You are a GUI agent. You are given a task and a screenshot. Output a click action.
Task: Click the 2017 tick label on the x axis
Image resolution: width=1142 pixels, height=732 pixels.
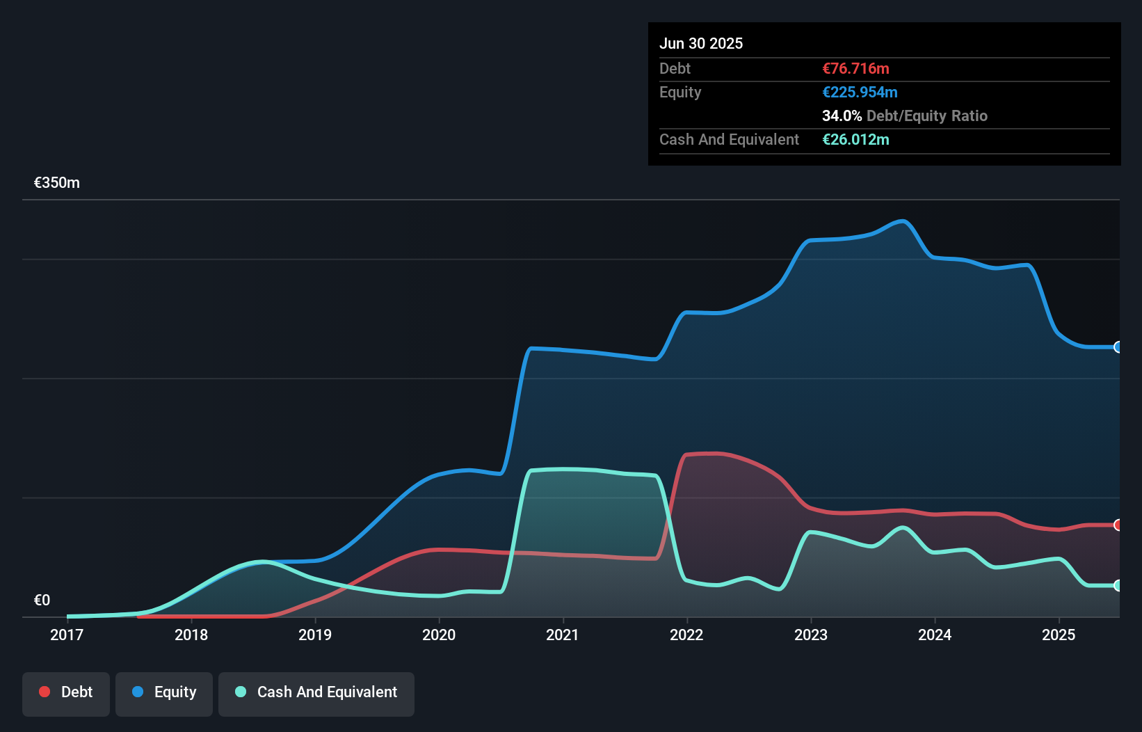click(x=67, y=635)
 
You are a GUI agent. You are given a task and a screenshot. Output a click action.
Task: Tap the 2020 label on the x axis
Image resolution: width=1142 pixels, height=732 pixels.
click(x=439, y=635)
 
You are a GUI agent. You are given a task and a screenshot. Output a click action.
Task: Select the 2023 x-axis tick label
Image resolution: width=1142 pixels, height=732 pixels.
click(x=811, y=635)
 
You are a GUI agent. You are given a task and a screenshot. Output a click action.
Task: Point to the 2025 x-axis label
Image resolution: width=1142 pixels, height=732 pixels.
click(x=1059, y=635)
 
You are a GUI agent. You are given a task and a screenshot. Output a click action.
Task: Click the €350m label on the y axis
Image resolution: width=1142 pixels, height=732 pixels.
click(x=57, y=183)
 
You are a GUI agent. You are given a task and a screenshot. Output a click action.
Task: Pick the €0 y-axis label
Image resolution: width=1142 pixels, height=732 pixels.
click(x=42, y=600)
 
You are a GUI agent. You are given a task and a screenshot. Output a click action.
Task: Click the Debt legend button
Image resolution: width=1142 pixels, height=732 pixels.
click(x=66, y=692)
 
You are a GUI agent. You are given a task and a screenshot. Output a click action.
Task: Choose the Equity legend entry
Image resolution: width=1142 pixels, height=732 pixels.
click(x=164, y=692)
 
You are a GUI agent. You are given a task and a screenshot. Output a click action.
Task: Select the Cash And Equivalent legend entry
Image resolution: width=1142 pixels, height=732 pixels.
click(x=316, y=692)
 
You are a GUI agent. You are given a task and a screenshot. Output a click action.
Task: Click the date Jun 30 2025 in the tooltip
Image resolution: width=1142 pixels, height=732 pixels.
click(x=701, y=43)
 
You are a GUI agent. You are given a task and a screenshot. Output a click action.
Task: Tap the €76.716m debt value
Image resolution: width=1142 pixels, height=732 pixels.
click(x=855, y=68)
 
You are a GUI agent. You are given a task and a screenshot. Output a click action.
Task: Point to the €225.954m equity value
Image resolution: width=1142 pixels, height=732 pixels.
click(x=860, y=92)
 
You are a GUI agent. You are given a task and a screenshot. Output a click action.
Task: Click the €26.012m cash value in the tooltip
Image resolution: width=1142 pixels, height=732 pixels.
click(x=855, y=139)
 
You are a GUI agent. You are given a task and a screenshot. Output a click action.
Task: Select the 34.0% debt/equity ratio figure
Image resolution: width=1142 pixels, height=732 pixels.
click(x=842, y=116)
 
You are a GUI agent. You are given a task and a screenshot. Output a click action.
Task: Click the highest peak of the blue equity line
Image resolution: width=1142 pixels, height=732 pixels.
click(x=903, y=221)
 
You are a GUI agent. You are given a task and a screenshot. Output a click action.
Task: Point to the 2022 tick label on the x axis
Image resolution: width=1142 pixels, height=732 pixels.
click(x=686, y=635)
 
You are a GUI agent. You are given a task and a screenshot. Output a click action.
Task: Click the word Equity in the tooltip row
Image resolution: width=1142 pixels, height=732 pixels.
click(x=680, y=92)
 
